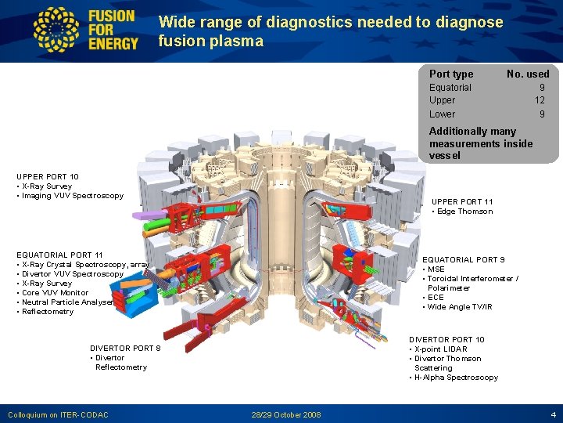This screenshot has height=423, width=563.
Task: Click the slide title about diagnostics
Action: tap(330, 31)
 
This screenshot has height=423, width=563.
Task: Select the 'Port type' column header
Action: tap(451, 74)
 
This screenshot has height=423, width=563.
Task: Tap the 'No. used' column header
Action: tap(528, 74)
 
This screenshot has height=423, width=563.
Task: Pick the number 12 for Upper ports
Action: tap(540, 100)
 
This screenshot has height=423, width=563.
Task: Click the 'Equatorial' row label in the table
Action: tap(450, 88)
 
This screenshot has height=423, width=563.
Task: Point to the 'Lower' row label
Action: tap(442, 114)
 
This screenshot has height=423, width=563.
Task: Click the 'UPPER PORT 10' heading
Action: tap(48, 177)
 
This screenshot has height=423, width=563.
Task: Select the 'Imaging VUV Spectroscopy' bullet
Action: tap(72, 196)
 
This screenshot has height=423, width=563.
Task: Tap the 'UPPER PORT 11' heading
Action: tap(462, 202)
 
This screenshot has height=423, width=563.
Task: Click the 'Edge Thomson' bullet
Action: tap(464, 211)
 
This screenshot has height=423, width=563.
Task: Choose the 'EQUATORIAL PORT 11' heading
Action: tap(59, 255)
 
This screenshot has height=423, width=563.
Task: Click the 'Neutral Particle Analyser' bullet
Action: tap(67, 302)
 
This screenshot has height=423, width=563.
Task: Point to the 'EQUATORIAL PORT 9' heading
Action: tap(464, 260)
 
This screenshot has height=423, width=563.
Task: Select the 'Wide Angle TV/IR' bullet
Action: tap(460, 307)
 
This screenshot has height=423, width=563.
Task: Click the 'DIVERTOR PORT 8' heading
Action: tap(126, 349)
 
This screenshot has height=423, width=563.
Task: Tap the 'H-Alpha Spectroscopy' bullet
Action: tap(456, 378)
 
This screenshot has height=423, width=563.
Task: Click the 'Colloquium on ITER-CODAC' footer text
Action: tap(58, 414)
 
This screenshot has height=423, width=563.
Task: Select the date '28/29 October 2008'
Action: tap(286, 414)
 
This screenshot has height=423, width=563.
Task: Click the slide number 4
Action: tap(552, 414)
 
